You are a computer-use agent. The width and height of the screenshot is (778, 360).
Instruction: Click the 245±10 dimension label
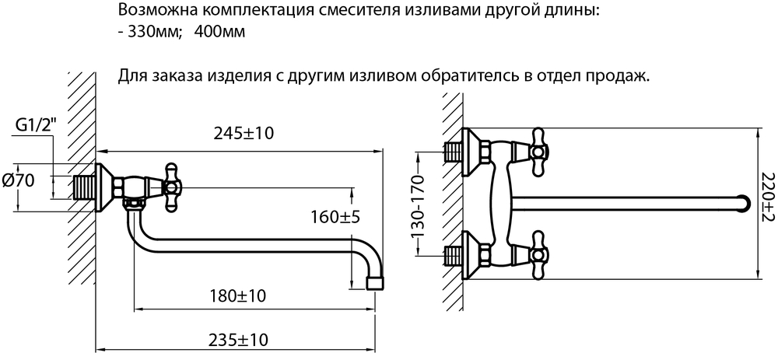coord(244,134)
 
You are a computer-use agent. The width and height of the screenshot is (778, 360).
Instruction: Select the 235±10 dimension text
coord(237,340)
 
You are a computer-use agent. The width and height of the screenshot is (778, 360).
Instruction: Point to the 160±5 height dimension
coord(335,217)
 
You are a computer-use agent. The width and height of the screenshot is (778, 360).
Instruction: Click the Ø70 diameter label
coord(19,181)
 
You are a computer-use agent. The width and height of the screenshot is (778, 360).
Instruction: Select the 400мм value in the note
coord(220,33)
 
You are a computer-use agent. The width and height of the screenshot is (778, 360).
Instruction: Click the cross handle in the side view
coord(172,187)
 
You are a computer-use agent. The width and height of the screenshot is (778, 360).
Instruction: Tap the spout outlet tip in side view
coord(374,283)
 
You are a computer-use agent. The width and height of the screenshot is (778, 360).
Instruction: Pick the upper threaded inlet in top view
coord(454,152)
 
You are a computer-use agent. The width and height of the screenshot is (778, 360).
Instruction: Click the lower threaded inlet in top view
coord(454,254)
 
